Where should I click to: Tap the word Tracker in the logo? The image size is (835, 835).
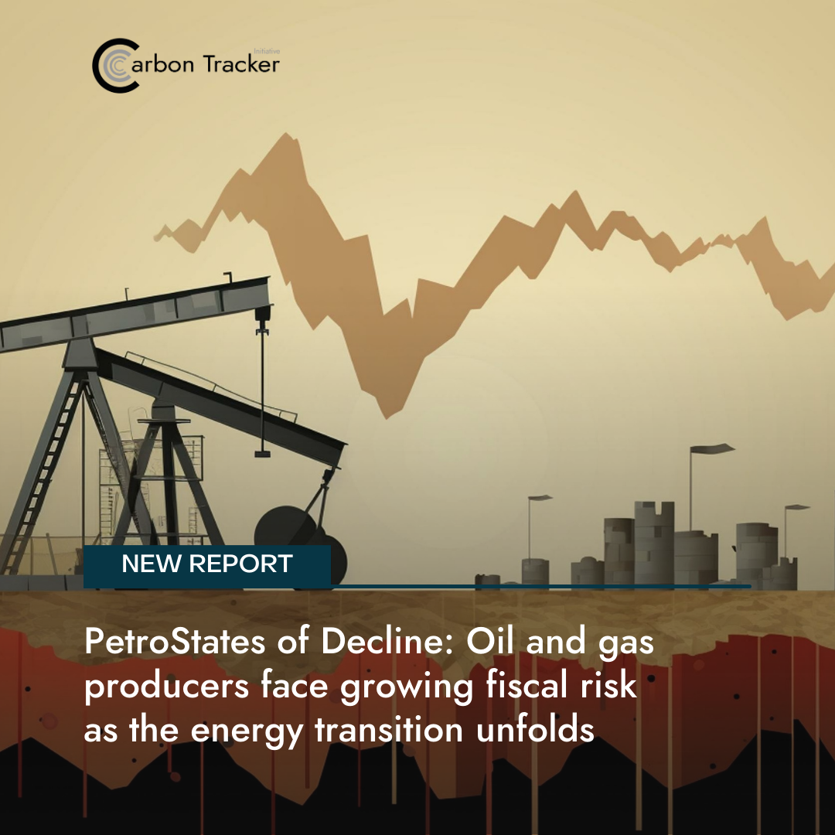coord(241,64)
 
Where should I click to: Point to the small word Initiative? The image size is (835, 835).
coord(267,51)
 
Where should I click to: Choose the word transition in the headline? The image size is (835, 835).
coord(389,730)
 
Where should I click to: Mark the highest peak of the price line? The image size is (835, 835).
coord(287,135)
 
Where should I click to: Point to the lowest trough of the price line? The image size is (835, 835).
coord(387,417)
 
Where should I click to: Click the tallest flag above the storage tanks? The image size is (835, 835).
coord(712,449)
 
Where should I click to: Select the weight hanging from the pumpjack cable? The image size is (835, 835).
coord(262,454)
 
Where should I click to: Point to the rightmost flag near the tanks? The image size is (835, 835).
coord(797,507)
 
